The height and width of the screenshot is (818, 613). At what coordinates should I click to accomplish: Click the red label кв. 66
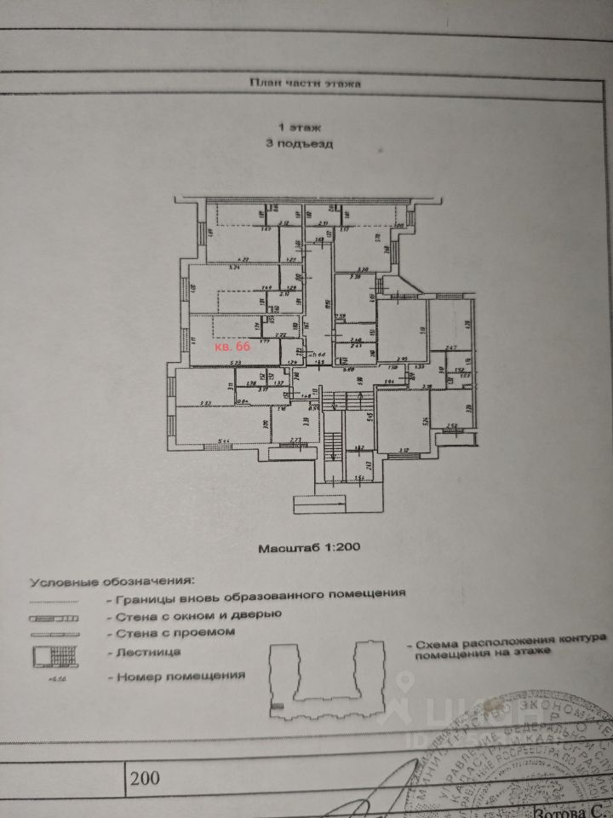[232, 348]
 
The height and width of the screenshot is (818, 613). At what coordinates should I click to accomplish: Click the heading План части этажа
[306, 84]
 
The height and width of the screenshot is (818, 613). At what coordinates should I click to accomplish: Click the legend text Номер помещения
[177, 675]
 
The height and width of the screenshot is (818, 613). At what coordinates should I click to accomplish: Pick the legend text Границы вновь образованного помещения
[255, 593]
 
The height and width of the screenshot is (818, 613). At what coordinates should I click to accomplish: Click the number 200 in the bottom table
[145, 777]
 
